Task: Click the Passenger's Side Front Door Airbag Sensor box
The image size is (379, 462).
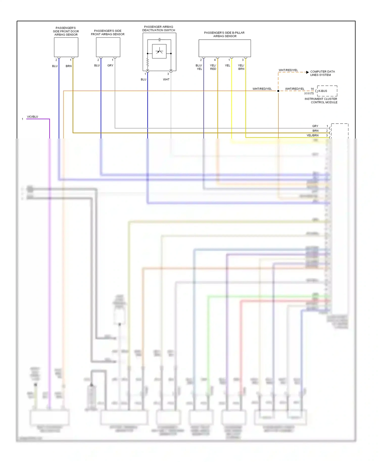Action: point(66,47)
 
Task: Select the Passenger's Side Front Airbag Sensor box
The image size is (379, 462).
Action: point(108,47)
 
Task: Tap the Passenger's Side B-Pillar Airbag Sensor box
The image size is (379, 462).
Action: point(225,48)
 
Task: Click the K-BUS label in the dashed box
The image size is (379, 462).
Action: point(323,91)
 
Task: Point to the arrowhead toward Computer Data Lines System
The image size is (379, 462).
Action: point(307,72)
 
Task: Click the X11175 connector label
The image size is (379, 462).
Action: point(309,94)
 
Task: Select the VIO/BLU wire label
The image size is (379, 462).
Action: point(32,117)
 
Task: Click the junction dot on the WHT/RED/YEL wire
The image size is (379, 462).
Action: point(278,91)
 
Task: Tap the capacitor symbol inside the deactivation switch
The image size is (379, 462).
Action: point(159,40)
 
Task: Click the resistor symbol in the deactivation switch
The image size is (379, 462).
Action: point(148,62)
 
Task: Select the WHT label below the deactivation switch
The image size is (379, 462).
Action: point(166,80)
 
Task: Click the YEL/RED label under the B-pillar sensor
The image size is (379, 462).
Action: point(213,67)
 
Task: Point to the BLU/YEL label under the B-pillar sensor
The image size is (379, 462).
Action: point(199,67)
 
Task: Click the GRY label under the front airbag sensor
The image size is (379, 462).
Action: point(110,65)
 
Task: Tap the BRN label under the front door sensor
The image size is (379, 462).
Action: point(68,66)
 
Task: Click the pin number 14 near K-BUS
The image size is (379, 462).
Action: point(312,89)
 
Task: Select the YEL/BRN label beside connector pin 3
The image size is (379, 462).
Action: point(312,135)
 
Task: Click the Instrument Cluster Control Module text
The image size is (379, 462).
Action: point(321,101)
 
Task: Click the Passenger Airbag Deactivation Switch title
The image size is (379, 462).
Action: point(159,29)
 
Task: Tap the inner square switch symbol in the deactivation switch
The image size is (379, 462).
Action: point(159,52)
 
